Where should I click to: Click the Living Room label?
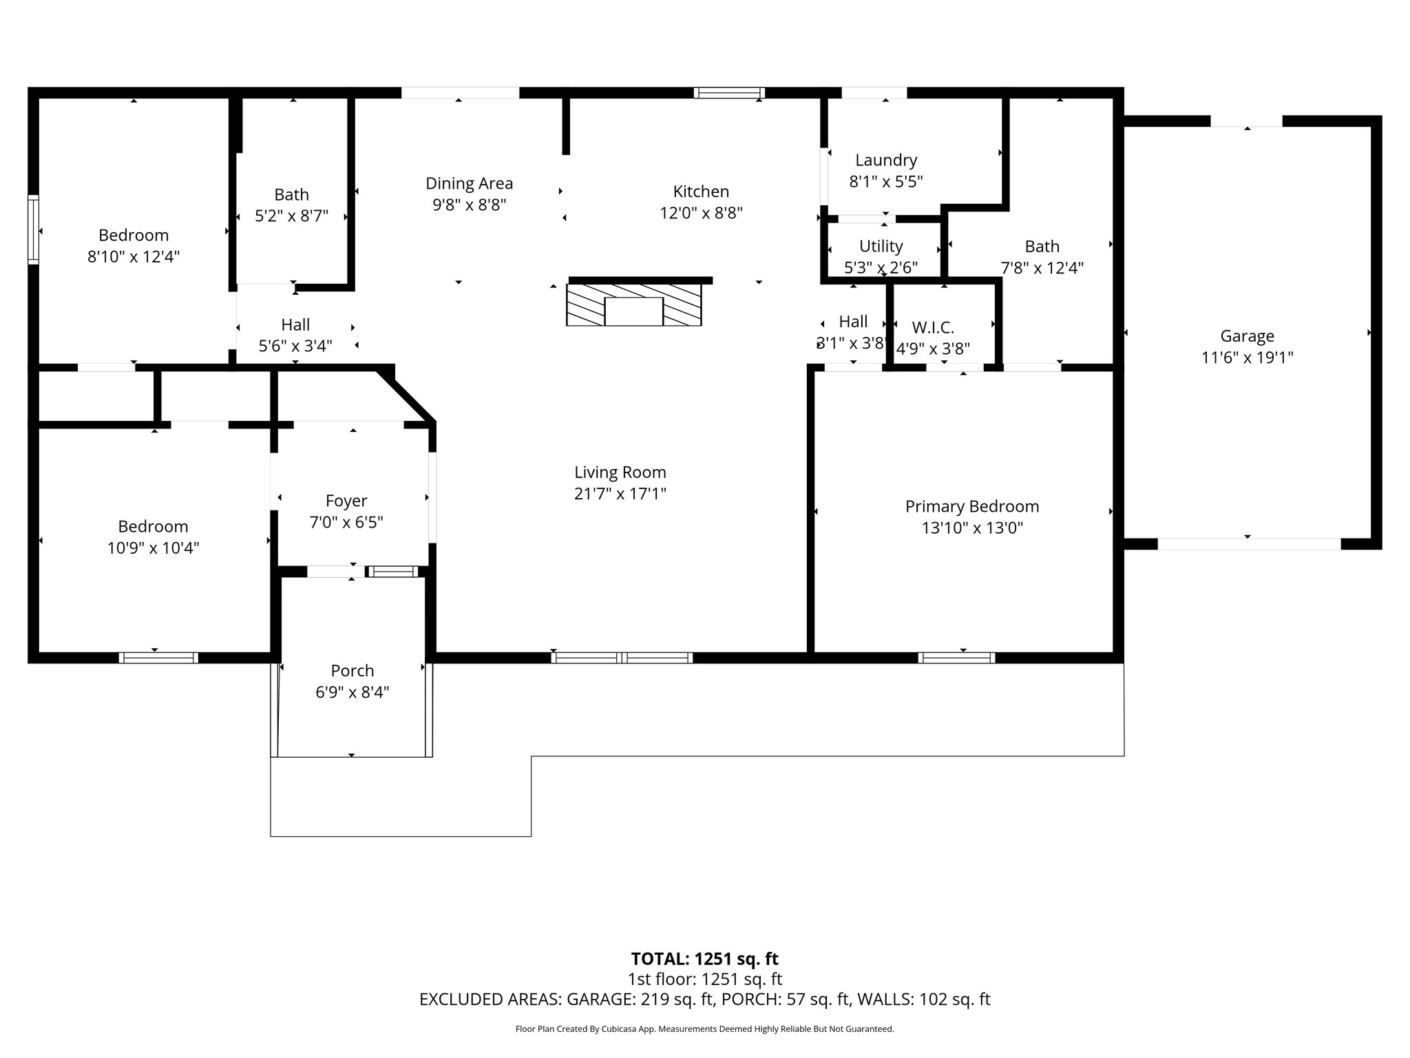[x=620, y=473]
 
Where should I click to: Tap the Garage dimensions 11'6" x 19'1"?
[x=1247, y=357]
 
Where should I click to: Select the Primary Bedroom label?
[x=971, y=506]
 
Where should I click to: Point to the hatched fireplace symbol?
[x=633, y=304]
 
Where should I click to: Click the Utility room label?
[x=881, y=246]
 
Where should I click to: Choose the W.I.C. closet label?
[x=932, y=328]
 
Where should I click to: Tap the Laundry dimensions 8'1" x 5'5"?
[x=885, y=182]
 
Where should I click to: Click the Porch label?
[x=352, y=670]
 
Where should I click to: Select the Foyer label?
[x=346, y=501]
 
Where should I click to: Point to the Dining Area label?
[x=469, y=183]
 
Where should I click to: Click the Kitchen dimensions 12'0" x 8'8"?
[x=701, y=213]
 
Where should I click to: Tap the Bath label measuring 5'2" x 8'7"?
[x=291, y=194]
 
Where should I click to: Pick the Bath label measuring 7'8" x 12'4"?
[x=1042, y=246]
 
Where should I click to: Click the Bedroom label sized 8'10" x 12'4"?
[x=134, y=235]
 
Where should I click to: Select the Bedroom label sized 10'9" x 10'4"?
[x=153, y=526]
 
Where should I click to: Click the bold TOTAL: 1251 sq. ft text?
[x=704, y=959]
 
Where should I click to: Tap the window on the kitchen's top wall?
[x=729, y=93]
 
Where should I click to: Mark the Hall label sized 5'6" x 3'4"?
[x=295, y=324]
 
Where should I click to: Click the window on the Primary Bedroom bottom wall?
[x=956, y=658]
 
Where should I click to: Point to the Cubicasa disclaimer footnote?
[x=704, y=1029]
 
